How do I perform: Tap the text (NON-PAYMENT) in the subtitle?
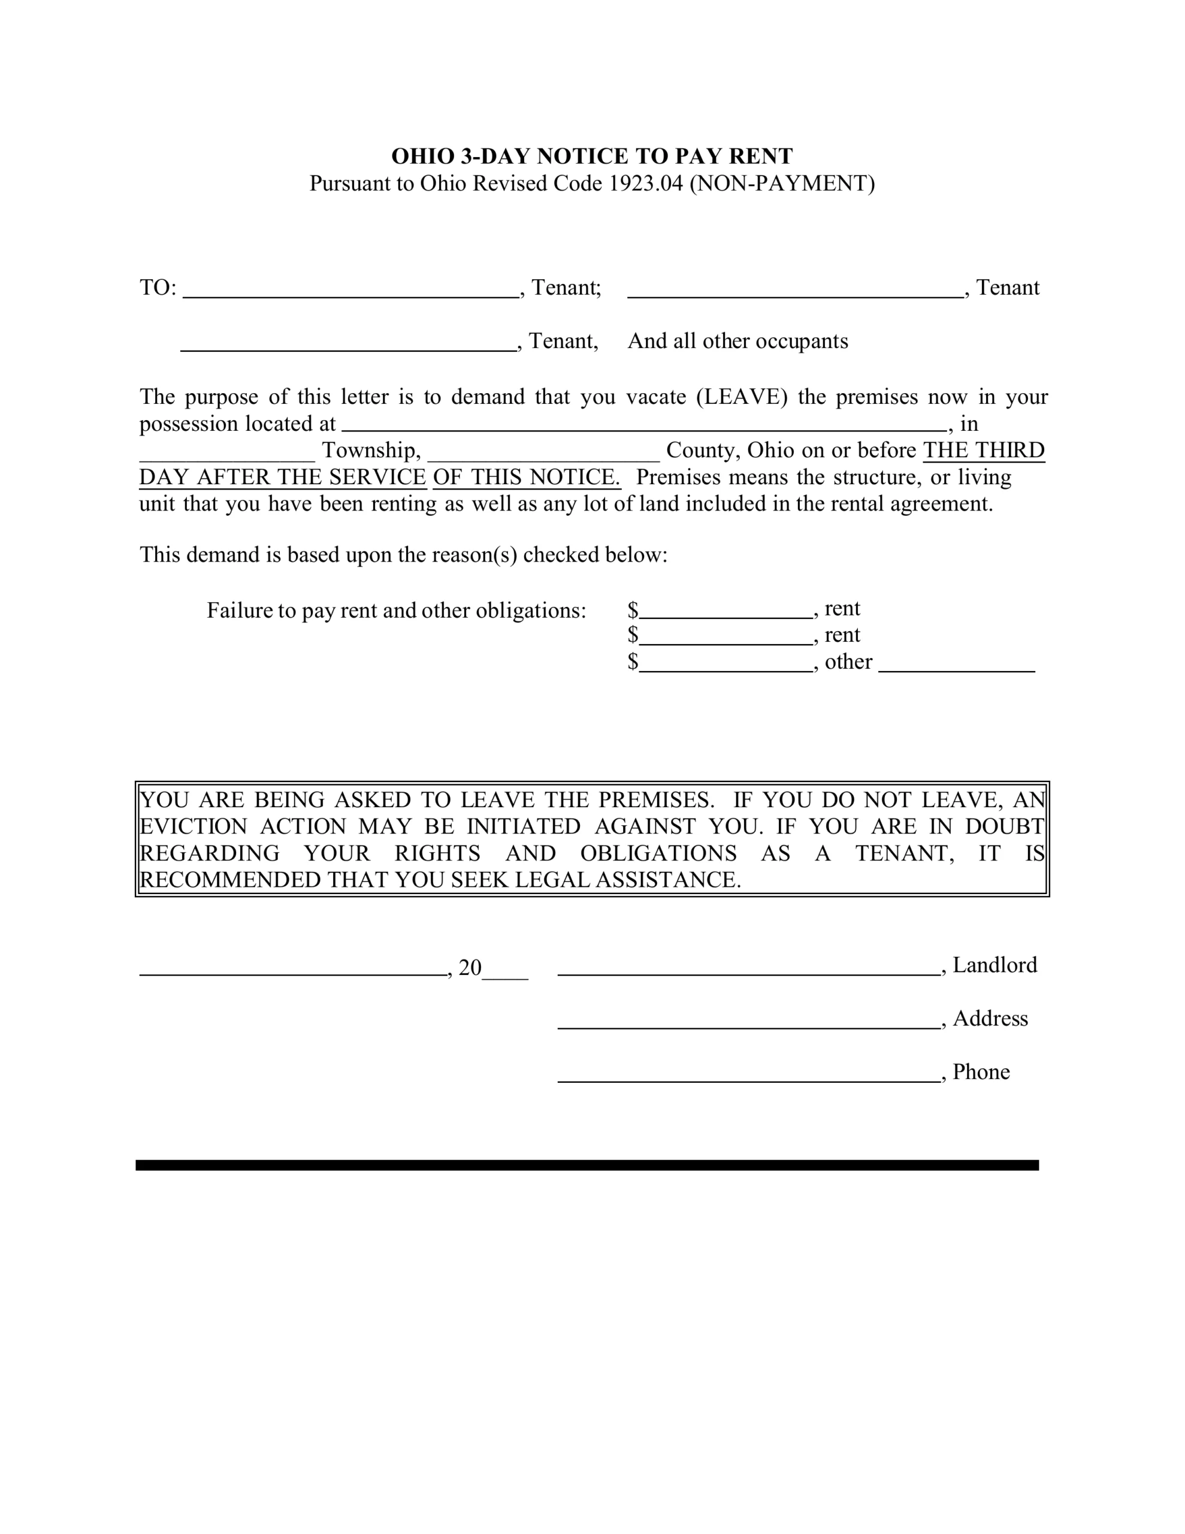782,183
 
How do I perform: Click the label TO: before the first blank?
158,288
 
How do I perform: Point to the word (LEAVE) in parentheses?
742,397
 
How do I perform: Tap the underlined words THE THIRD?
983,450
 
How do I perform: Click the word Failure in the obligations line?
239,611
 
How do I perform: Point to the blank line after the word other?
956,669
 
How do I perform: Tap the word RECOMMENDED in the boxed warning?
231,880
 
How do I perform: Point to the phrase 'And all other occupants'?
737,342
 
